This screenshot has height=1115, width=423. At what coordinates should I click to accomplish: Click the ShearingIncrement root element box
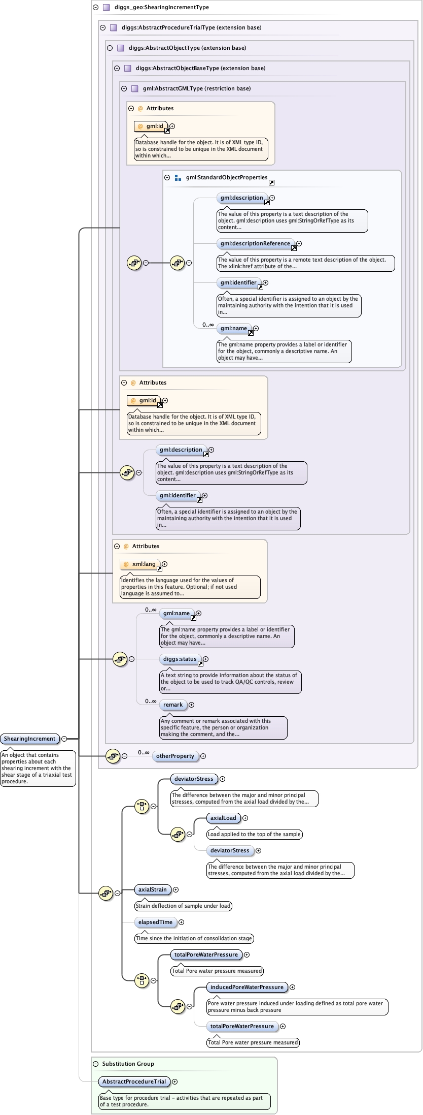(x=30, y=739)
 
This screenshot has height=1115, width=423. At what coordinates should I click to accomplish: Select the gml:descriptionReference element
(x=255, y=244)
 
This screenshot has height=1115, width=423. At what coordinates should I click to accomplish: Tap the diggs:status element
(x=180, y=659)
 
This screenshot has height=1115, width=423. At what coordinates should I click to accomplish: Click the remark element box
(x=173, y=705)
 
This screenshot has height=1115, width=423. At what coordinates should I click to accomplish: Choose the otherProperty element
(x=175, y=756)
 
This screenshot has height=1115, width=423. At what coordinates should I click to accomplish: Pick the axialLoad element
(x=223, y=818)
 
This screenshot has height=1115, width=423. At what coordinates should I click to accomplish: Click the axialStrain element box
(x=152, y=890)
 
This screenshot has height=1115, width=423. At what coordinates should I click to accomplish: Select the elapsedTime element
(x=155, y=922)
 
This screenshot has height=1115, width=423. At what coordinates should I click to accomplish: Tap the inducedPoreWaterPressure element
(x=247, y=987)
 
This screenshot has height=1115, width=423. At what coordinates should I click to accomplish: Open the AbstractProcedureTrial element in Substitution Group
(x=134, y=1082)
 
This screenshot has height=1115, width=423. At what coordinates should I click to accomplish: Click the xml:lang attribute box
(x=144, y=564)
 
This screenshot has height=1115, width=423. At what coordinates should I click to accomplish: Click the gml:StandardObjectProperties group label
(x=226, y=178)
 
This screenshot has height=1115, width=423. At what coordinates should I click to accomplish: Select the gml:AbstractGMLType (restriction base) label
(x=197, y=88)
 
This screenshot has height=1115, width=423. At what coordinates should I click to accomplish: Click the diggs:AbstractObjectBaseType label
(x=200, y=68)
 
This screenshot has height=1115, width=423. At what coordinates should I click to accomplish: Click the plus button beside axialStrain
(x=176, y=890)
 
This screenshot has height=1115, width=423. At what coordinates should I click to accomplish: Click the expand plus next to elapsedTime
(x=182, y=922)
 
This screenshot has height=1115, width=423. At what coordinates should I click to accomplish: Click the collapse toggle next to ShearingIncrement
(x=64, y=739)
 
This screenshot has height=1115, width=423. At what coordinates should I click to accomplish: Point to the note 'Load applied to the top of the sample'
(x=254, y=835)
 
